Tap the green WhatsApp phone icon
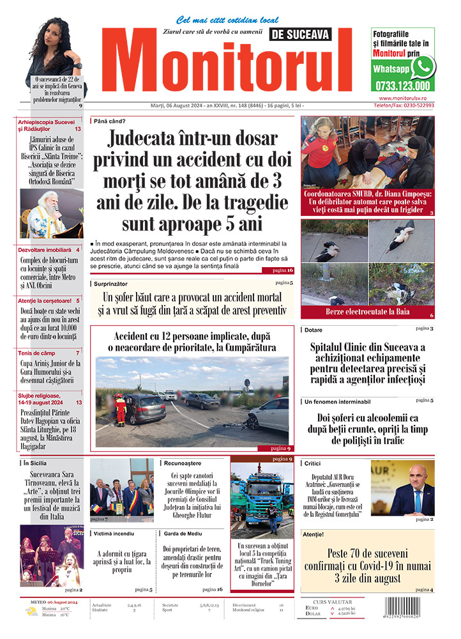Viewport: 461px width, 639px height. point(423,66)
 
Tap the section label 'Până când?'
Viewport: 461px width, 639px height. point(110,121)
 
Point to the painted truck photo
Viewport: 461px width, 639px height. point(261,498)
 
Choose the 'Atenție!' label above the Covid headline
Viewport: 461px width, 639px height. point(315,534)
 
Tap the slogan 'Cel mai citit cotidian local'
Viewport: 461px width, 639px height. point(218,20)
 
